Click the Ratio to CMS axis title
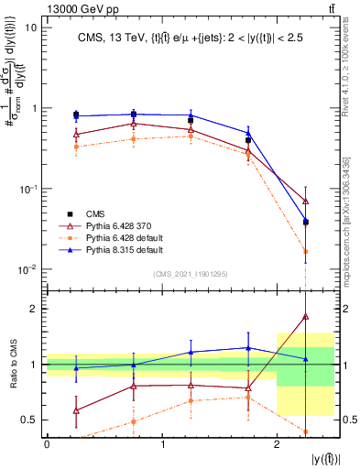pyautogui.click(x=12, y=364)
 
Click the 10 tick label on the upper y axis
pyautogui.click(x=30, y=27)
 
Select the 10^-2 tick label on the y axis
pyautogui.click(x=27, y=269)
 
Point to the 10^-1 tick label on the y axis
pyautogui.click(x=27, y=189)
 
